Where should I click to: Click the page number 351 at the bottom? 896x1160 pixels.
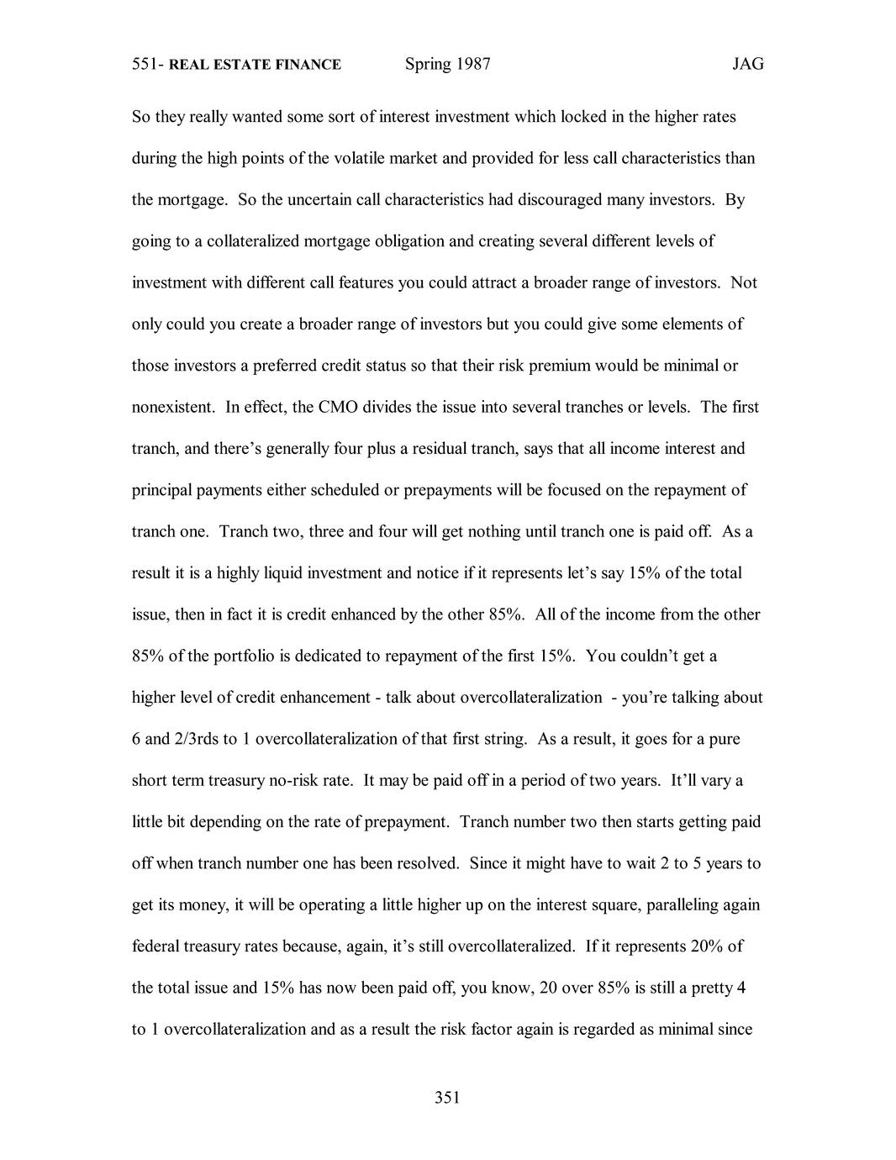(447, 1097)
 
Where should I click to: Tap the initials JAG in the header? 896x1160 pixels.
(747, 65)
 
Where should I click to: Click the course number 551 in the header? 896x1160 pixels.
(145, 65)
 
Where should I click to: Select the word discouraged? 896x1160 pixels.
(556, 199)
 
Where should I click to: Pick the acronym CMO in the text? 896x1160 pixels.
(337, 407)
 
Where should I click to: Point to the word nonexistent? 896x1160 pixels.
(173, 407)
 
